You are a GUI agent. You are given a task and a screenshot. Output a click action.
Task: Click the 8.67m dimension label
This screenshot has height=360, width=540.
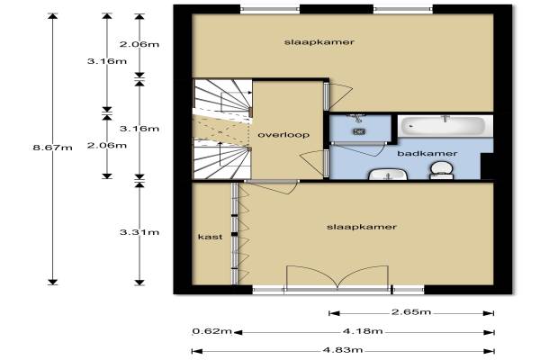click(52, 148)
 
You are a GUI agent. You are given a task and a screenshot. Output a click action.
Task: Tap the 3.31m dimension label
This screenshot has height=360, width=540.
click(139, 232)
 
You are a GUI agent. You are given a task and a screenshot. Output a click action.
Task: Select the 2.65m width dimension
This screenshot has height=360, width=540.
click(411, 312)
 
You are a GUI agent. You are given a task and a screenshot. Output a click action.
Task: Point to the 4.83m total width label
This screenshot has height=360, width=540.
click(343, 350)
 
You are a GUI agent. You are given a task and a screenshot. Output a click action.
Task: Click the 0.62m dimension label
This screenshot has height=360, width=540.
click(212, 331)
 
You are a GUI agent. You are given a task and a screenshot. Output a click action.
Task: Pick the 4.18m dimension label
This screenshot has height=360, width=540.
click(363, 331)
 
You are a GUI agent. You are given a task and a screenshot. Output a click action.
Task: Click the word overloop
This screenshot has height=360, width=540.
click(283, 135)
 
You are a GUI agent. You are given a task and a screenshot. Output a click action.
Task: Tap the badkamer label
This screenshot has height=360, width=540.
click(427, 153)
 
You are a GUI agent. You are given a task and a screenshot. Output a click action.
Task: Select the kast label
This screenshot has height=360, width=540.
click(210, 237)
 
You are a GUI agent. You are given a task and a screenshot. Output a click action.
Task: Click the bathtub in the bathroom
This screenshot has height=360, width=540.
click(445, 126)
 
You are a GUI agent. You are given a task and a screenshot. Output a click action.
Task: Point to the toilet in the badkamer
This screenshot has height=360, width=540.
click(442, 171)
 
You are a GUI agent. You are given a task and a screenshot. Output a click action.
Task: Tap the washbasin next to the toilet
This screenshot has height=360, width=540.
click(388, 174)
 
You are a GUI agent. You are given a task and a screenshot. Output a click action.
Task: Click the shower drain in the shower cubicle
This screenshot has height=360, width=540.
click(359, 131)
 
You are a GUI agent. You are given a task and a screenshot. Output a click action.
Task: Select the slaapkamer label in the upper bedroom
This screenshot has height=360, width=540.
click(319, 42)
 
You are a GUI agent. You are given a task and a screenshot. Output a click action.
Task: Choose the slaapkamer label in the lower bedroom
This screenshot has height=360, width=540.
click(362, 227)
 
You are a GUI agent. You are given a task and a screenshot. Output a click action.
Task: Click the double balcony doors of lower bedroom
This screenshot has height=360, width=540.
click(337, 278)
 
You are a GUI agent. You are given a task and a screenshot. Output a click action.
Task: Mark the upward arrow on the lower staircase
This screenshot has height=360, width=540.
click(220, 154)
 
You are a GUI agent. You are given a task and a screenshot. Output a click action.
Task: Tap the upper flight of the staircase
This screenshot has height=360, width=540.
click(222, 95)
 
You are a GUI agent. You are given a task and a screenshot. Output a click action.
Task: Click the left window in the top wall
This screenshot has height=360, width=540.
click(270, 10)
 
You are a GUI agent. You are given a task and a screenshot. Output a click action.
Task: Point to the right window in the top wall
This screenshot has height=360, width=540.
click(403, 10)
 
